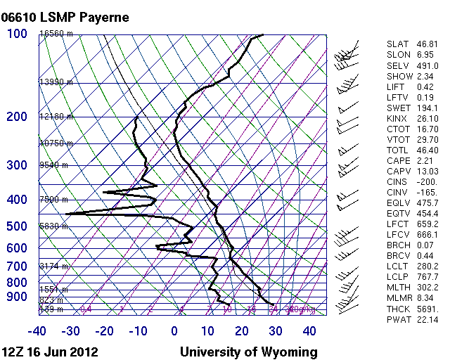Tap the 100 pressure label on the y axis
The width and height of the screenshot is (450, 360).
point(18,34)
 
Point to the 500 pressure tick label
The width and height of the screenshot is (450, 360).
point(16,226)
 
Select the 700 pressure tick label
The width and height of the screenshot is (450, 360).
point(16,266)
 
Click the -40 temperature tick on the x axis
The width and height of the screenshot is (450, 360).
point(37,330)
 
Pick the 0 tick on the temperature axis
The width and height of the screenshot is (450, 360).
point(174,330)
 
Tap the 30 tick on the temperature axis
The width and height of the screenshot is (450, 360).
point(276,330)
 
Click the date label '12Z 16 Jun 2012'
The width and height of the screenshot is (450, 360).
point(50,352)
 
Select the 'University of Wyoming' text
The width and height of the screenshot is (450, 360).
point(248,352)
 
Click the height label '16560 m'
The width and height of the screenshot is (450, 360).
point(56,34)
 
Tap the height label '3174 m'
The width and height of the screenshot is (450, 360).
point(53,266)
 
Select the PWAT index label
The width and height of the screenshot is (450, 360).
point(398,320)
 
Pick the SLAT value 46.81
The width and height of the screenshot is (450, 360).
point(428,44)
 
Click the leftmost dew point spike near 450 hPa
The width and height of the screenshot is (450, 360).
point(66,214)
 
